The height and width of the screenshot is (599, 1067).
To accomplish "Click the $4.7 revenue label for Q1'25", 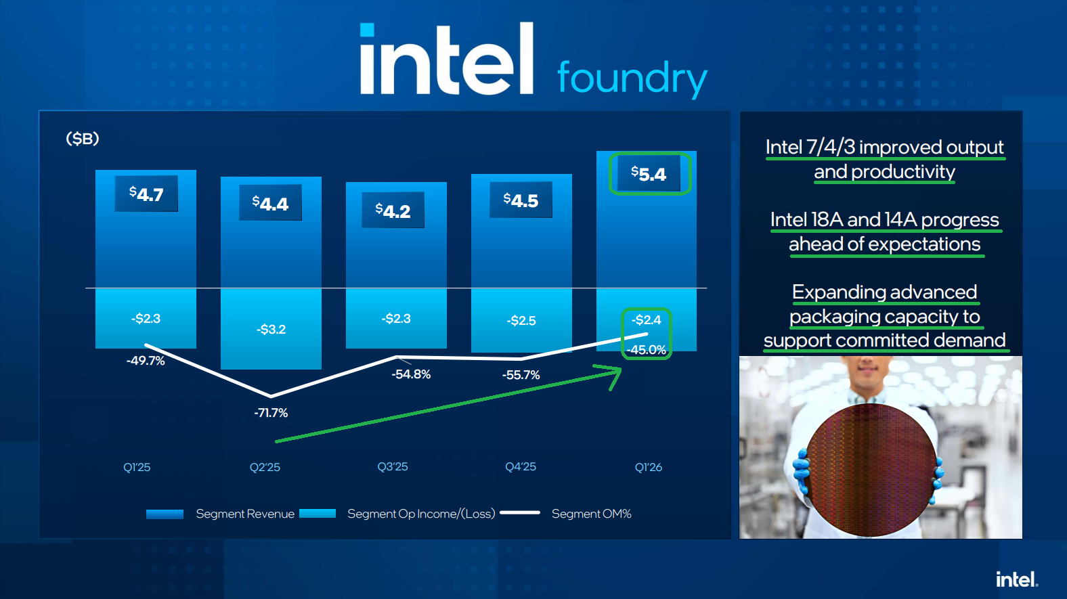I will pyautogui.click(x=146, y=194).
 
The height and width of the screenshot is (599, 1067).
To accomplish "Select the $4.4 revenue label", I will pyautogui.click(x=270, y=203).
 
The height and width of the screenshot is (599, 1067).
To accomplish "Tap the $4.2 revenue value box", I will pyautogui.click(x=393, y=210).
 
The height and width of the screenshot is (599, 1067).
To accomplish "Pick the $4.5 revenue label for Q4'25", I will pyautogui.click(x=521, y=200).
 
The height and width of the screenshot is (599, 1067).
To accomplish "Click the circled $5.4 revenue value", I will pyautogui.click(x=649, y=174).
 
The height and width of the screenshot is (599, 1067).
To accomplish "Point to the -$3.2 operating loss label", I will pyautogui.click(x=271, y=330).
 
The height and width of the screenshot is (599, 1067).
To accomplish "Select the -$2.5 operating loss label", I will pyautogui.click(x=521, y=320).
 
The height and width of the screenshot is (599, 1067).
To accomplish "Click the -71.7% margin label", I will pyautogui.click(x=271, y=413).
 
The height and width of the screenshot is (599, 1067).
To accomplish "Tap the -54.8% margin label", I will pyautogui.click(x=411, y=374).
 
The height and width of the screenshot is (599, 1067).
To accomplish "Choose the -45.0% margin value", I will pyautogui.click(x=646, y=350).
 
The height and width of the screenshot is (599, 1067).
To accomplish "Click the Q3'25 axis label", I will pyautogui.click(x=393, y=467).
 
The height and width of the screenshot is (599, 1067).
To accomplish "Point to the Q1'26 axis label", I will pyautogui.click(x=649, y=467).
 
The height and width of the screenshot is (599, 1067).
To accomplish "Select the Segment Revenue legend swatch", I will pyautogui.click(x=165, y=514).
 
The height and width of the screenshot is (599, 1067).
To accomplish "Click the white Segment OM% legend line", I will pyautogui.click(x=519, y=513).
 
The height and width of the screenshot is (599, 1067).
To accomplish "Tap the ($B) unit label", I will pyautogui.click(x=83, y=139).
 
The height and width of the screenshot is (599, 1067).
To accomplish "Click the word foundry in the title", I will pyautogui.click(x=632, y=78).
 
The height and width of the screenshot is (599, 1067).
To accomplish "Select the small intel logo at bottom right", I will pyautogui.click(x=1016, y=579).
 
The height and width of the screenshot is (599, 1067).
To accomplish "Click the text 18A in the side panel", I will pyautogui.click(x=827, y=220).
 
